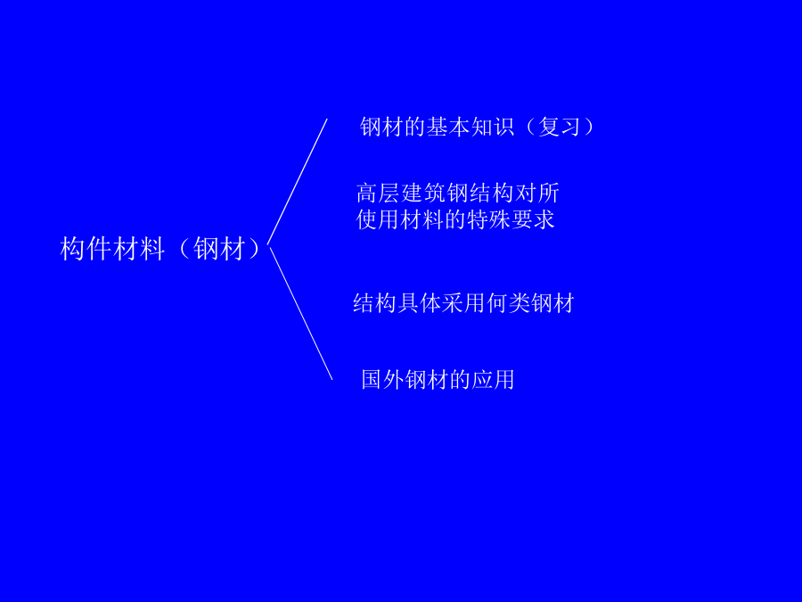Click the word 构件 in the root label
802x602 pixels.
86,250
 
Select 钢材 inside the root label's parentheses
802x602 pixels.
219,250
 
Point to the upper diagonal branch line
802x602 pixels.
297,182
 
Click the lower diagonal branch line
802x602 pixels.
301,313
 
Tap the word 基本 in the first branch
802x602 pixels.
448,127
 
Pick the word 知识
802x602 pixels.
493,127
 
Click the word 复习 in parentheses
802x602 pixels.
560,127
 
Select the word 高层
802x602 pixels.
378,194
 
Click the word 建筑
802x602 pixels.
423,194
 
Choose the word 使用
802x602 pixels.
378,219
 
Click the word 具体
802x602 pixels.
419,303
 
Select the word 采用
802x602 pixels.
463,303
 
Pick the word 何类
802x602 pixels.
508,303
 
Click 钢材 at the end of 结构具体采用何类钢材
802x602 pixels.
552,303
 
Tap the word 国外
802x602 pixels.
383,380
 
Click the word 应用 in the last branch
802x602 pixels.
493,380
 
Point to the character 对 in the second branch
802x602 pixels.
526,194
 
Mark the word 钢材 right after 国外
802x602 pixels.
427,380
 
